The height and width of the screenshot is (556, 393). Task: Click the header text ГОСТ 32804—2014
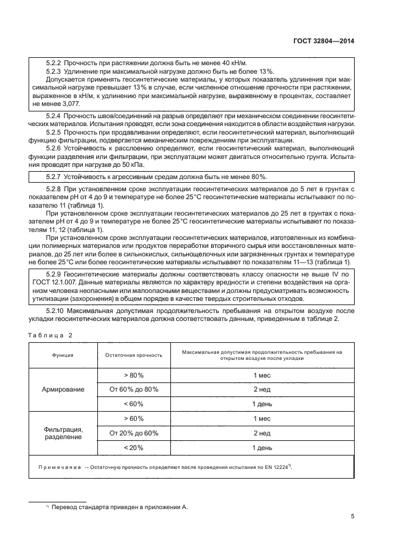(326, 41)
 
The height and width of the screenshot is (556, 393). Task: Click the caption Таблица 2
(50, 336)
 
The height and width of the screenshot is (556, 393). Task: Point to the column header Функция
(63, 355)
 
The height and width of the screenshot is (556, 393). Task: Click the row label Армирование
(63, 389)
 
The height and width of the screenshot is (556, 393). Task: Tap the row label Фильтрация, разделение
(63, 434)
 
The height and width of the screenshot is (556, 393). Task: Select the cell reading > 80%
(133, 375)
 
